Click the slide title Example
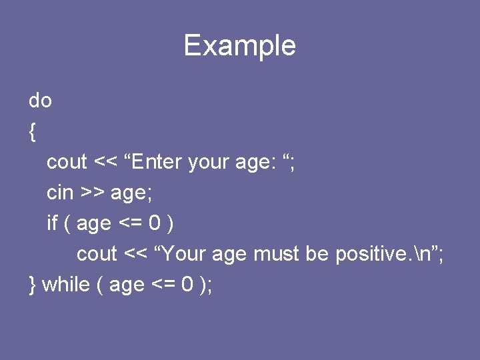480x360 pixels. (x=239, y=46)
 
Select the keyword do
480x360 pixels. (x=40, y=101)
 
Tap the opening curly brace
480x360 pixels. (x=33, y=132)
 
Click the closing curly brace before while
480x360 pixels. (x=33, y=285)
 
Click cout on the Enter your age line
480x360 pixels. (x=67, y=162)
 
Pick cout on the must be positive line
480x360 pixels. (x=97, y=254)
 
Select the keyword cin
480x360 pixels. (x=59, y=193)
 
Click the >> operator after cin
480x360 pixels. (x=91, y=193)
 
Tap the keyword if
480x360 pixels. (x=52, y=223)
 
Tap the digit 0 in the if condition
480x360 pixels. (x=154, y=223)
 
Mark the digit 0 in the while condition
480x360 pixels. (x=187, y=285)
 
